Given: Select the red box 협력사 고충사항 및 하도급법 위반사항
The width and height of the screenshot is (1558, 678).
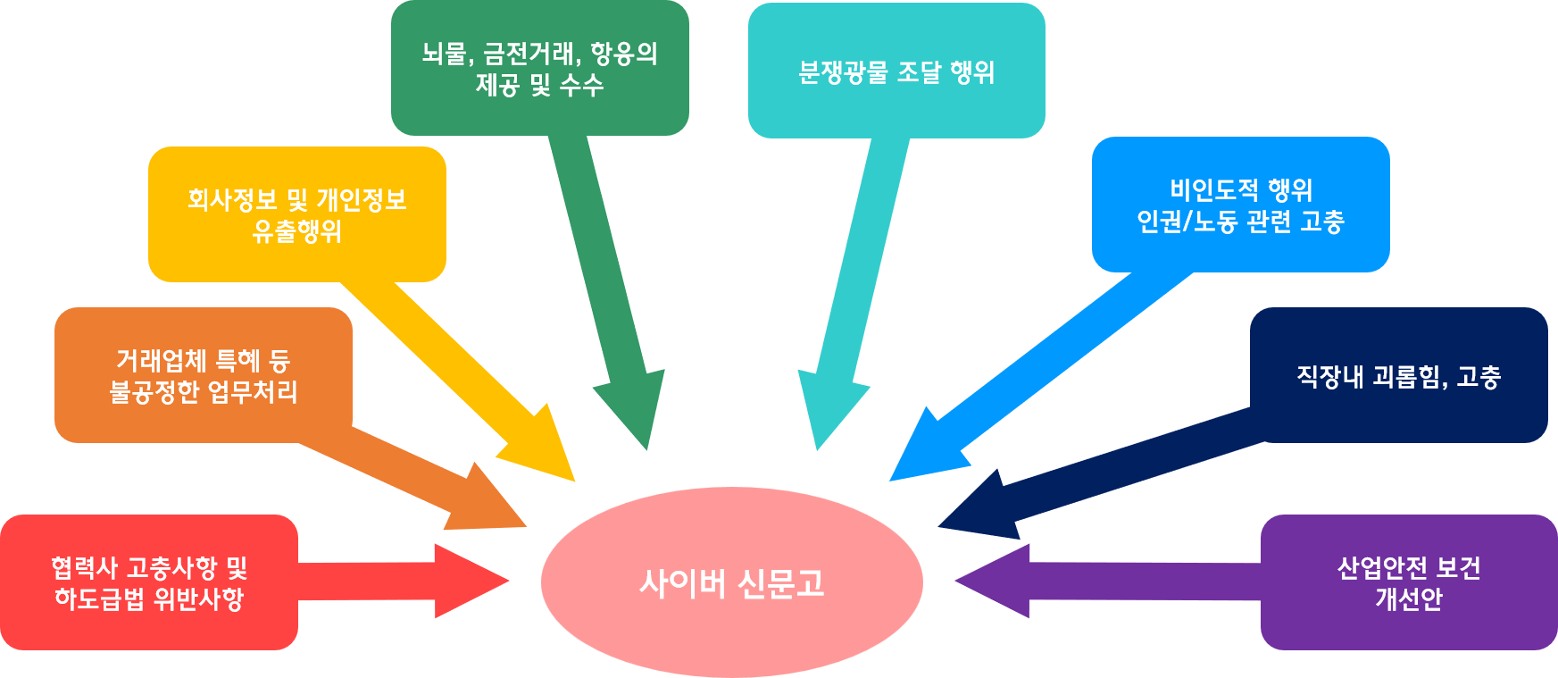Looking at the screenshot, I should click(148, 582).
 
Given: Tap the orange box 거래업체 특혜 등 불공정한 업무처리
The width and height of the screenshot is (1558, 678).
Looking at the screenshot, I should click(203, 375).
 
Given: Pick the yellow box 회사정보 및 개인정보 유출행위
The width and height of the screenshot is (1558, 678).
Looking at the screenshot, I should click(296, 214).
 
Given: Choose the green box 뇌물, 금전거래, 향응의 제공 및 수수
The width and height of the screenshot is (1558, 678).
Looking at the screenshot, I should click(539, 69).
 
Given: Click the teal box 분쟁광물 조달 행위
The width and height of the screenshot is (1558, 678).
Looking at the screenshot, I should click(896, 71).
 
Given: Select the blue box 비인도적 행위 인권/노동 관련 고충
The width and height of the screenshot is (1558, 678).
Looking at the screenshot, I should click(1240, 205).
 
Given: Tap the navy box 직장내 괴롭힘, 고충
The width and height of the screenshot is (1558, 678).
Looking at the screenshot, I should click(1398, 375).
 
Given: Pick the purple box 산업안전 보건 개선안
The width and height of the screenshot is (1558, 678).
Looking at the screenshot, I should click(1408, 582).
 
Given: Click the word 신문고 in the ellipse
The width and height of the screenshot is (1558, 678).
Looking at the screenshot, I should click(780, 583).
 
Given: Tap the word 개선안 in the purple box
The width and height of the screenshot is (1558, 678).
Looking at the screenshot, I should click(1408, 598).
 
